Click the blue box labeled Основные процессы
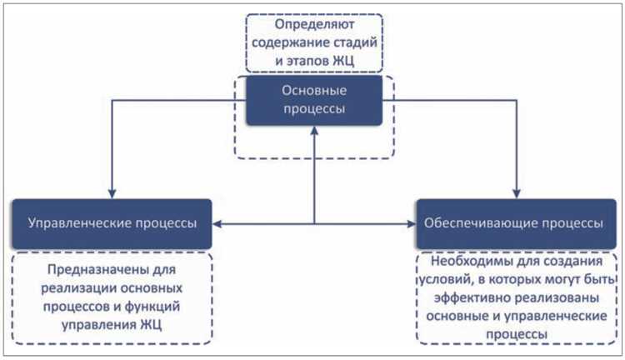(x=312, y=101)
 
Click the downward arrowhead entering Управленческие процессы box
(x=112, y=194)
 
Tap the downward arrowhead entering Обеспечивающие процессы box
(x=517, y=194)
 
